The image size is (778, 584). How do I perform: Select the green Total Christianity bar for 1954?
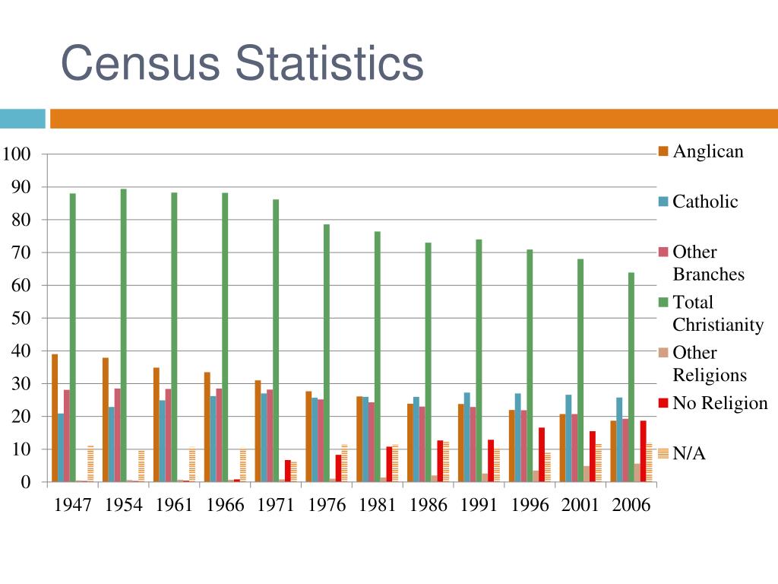[x=123, y=335]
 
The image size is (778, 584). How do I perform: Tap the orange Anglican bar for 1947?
[x=55, y=417]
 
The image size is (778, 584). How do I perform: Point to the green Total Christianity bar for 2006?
[x=631, y=376]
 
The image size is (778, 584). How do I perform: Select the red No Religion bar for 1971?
[x=288, y=471]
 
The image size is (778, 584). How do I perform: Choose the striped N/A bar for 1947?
[x=90, y=463]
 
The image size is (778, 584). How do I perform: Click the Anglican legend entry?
[x=707, y=151]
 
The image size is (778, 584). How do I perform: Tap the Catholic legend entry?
[x=704, y=202]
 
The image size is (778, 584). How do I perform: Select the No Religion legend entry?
[x=719, y=403]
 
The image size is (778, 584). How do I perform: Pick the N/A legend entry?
[x=688, y=454]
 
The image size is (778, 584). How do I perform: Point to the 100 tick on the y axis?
[x=16, y=154]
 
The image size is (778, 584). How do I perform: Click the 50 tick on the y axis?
[x=22, y=318]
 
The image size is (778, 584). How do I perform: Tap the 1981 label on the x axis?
[x=378, y=505]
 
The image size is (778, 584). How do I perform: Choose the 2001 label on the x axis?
[x=580, y=505]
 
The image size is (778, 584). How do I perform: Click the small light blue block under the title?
[x=22, y=119]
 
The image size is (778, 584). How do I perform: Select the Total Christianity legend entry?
[x=717, y=313]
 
